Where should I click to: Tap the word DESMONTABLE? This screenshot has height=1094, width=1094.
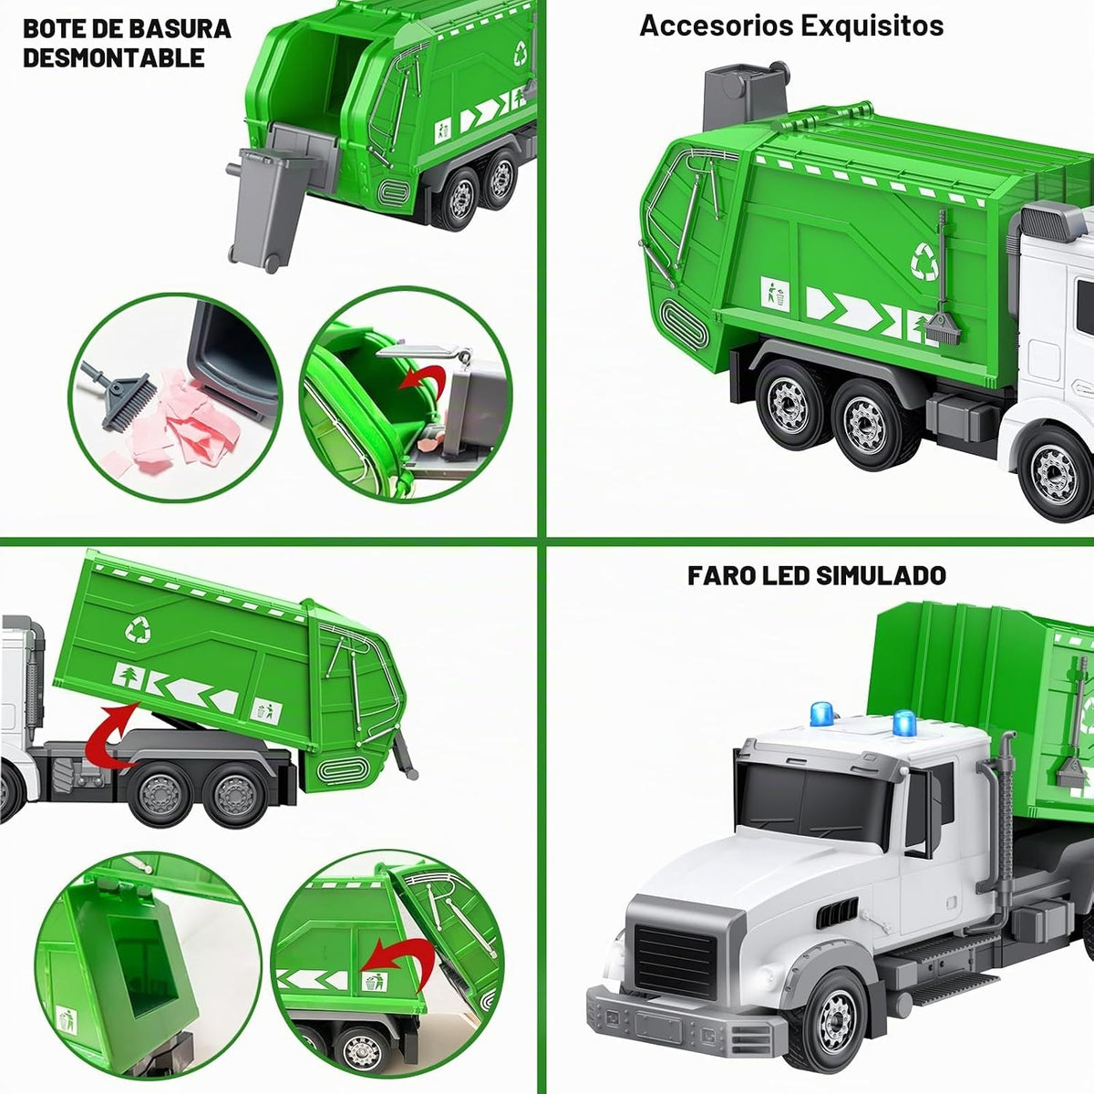point(114,58)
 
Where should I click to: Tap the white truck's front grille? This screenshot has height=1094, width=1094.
point(676,959)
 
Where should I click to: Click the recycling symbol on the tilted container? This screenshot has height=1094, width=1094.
point(138,630)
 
